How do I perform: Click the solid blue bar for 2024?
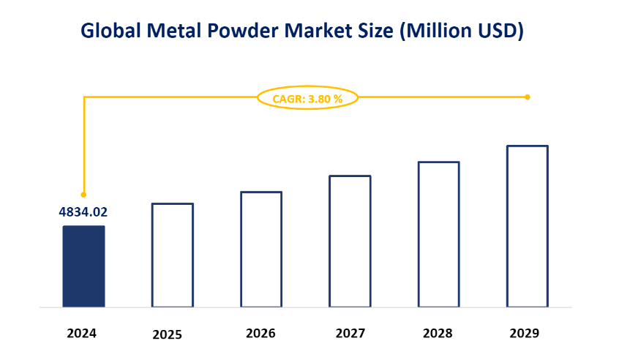[x=83, y=266]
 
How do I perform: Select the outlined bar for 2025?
[x=173, y=255]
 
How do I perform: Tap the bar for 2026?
[x=261, y=249]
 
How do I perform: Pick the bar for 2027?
[x=350, y=241]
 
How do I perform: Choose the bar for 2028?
[x=438, y=234]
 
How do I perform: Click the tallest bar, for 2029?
[x=528, y=226]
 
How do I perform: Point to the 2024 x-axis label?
[x=81, y=333]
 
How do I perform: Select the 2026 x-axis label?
[x=260, y=333]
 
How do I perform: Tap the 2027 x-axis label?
[x=350, y=333]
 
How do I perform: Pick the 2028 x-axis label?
[x=438, y=333]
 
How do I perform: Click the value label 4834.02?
[x=83, y=212]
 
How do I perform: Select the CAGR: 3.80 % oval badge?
[x=307, y=97]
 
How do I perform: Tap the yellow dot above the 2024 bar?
[x=83, y=195]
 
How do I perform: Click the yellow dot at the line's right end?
[x=528, y=97]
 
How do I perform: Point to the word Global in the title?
[x=110, y=31]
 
